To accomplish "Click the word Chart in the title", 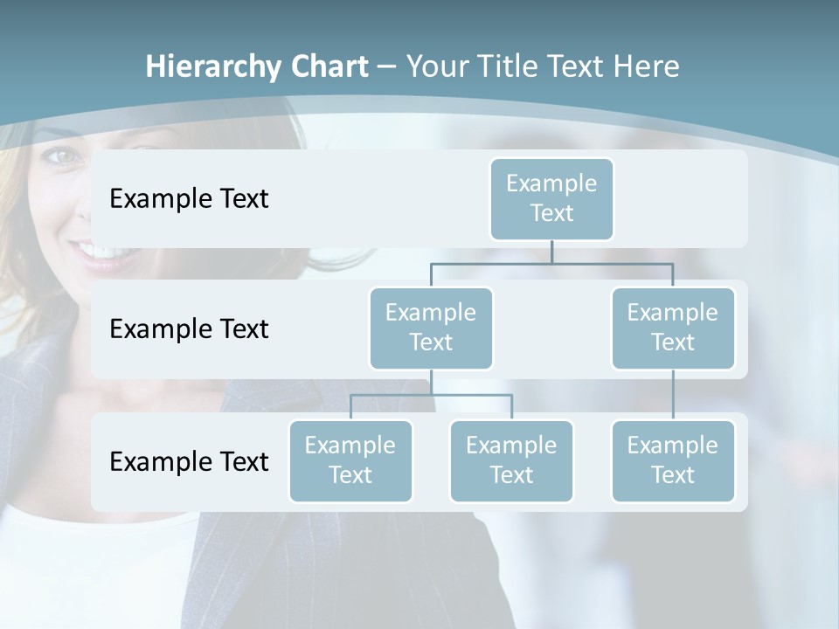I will (329, 67).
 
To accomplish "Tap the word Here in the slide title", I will (645, 67).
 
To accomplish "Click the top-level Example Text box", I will (551, 198).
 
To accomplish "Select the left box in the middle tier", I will (431, 328).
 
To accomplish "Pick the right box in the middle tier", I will (673, 328).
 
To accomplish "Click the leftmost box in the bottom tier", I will (350, 460).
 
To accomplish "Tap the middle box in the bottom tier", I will (511, 460).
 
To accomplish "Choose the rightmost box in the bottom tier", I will (673, 460).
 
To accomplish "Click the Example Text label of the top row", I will (189, 199).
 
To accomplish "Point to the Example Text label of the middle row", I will (189, 329).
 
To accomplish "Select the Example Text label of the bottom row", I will (189, 461).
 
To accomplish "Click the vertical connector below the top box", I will (551, 252).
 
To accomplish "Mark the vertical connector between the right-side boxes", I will (673, 395).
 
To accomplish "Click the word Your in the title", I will (436, 67).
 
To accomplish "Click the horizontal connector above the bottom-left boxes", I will (431, 395).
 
